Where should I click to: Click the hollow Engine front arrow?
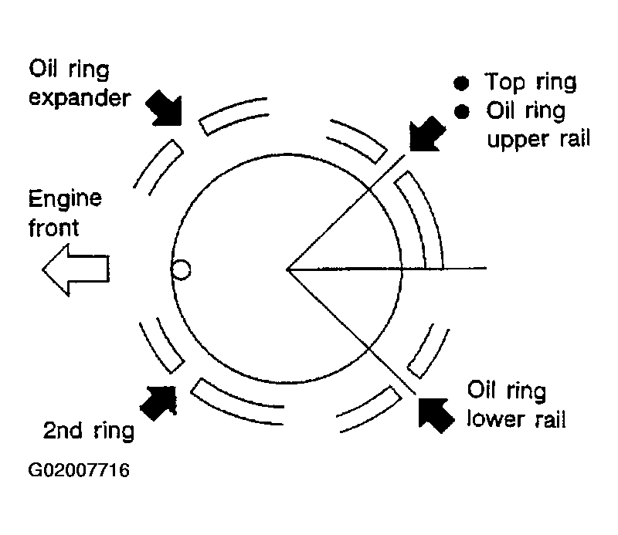click(76, 269)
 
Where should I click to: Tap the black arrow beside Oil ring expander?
click(165, 108)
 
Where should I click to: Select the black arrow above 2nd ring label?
click(159, 402)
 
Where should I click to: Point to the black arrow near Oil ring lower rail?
click(436, 415)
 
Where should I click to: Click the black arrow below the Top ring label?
click(426, 134)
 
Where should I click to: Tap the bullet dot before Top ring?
click(461, 83)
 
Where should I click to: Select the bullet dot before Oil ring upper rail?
click(461, 111)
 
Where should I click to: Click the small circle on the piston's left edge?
click(182, 270)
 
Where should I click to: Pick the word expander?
click(80, 99)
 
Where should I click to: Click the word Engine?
click(65, 199)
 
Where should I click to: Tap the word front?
click(53, 228)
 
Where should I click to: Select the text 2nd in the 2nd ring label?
click(63, 430)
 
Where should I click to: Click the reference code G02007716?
click(79, 470)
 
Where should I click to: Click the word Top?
click(505, 83)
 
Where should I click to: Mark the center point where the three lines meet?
click(287, 269)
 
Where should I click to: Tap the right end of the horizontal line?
click(487, 268)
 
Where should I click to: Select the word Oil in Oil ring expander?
click(43, 69)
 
